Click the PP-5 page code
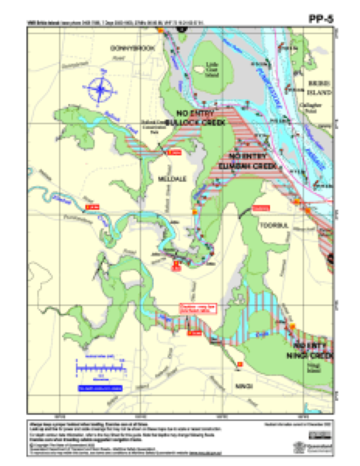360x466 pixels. click(x=321, y=19)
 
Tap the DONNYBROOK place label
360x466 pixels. click(x=132, y=49)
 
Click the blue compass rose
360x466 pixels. click(x=100, y=89)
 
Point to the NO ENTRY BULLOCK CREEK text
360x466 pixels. click(x=195, y=118)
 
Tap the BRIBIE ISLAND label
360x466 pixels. click(x=319, y=88)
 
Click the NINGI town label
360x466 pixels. click(x=244, y=386)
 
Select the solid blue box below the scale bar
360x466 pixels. click(x=100, y=388)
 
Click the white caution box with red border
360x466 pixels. click(x=198, y=308)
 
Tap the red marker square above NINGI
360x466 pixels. click(x=240, y=364)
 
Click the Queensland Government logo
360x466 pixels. click(x=320, y=447)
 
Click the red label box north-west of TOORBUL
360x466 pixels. click(x=261, y=208)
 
